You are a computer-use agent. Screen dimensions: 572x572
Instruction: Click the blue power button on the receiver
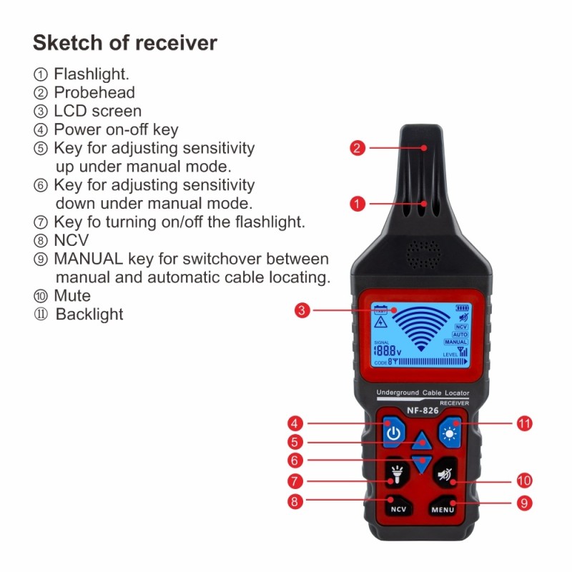pyautogui.click(x=393, y=432)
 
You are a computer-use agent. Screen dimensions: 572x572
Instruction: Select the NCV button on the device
pyautogui.click(x=398, y=509)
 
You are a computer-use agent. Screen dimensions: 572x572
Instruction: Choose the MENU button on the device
pyautogui.click(x=443, y=509)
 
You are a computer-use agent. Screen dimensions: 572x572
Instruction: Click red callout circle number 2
pyautogui.click(x=357, y=149)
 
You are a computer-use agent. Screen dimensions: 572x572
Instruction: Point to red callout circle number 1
pyautogui.click(x=357, y=204)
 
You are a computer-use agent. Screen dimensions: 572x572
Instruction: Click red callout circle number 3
pyautogui.click(x=302, y=310)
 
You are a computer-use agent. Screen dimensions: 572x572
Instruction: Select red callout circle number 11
pyautogui.click(x=524, y=423)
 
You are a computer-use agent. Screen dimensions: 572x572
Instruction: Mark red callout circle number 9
pyautogui.click(x=524, y=503)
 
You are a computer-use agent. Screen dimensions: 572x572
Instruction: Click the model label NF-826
pyautogui.click(x=422, y=411)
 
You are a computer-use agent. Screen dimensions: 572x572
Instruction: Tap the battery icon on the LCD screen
pyautogui.click(x=463, y=308)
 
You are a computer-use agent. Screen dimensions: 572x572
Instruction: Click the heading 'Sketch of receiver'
pyautogui.click(x=124, y=43)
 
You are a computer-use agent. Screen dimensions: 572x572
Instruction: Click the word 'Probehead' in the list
pyautogui.click(x=94, y=92)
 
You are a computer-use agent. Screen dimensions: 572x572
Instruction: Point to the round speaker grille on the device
pyautogui.click(x=424, y=254)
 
